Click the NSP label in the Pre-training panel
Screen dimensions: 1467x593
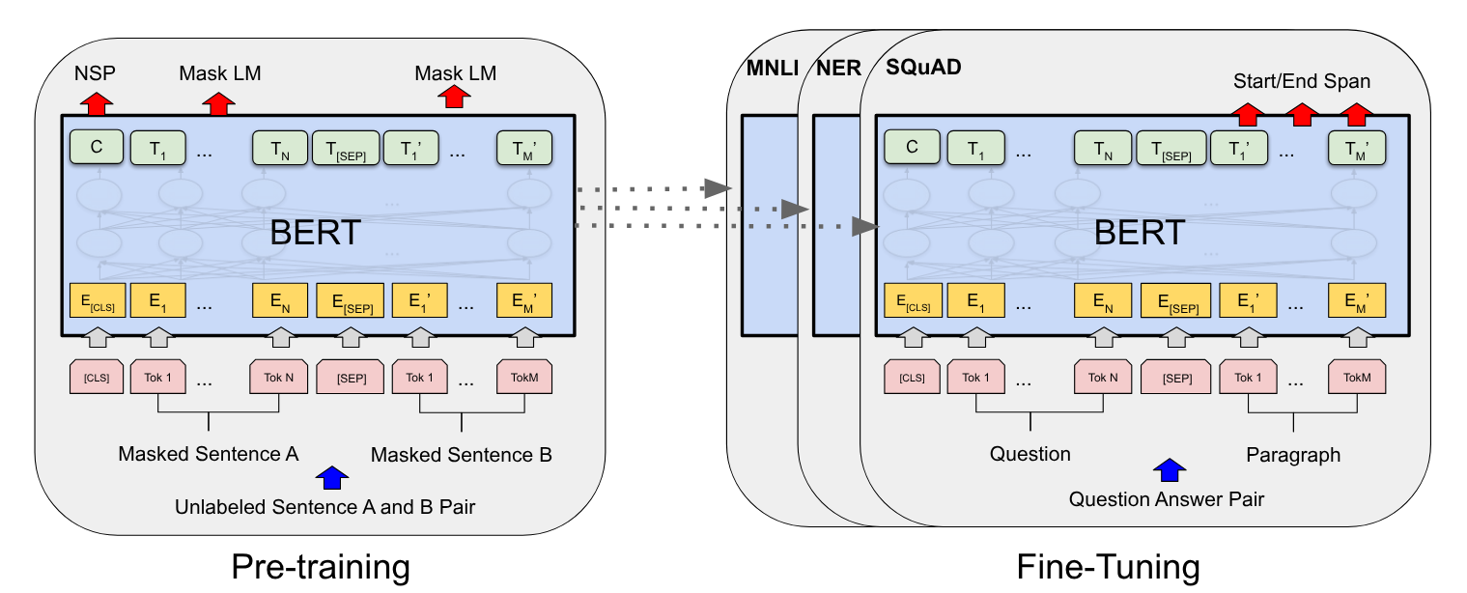point(95,72)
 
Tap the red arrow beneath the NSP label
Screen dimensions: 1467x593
point(97,104)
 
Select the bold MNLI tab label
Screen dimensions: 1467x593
point(773,69)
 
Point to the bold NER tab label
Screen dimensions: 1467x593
point(839,69)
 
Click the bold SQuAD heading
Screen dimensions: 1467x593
point(923,67)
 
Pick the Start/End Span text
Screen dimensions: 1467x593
point(1301,81)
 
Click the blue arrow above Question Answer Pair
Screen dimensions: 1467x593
point(1169,469)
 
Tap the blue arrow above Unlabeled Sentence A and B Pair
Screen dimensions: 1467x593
point(332,478)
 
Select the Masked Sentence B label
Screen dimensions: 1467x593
point(461,455)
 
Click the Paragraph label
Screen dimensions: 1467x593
point(1293,455)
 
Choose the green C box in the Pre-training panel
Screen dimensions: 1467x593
point(97,147)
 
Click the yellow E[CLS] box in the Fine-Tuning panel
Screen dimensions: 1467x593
point(913,300)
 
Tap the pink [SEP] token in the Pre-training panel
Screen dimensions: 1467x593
point(351,377)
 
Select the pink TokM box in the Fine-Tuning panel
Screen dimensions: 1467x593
point(1357,377)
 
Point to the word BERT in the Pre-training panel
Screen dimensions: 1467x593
point(315,233)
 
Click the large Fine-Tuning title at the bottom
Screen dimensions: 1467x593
point(1108,567)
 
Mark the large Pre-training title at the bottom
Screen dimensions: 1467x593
point(321,567)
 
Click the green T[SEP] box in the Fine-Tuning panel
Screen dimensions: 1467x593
point(1171,148)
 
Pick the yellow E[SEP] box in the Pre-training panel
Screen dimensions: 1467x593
point(351,300)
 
